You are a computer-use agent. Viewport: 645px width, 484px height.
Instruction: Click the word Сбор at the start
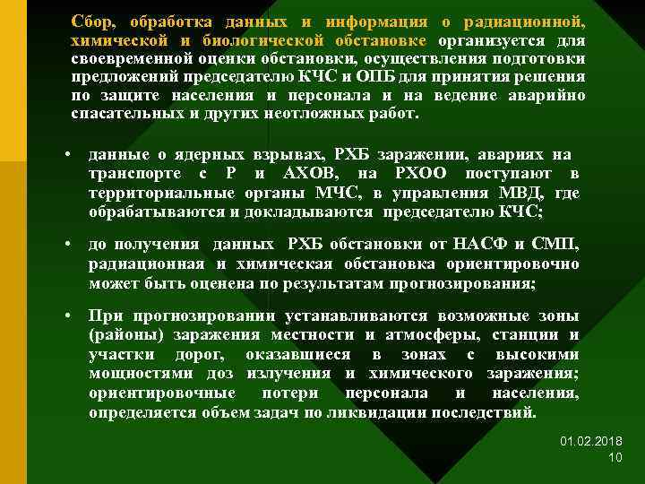point(93,20)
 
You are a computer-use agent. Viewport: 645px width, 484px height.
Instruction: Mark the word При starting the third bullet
point(105,317)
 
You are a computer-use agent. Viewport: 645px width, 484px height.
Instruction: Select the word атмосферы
point(424,335)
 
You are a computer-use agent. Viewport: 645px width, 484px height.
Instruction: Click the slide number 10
point(615,458)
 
